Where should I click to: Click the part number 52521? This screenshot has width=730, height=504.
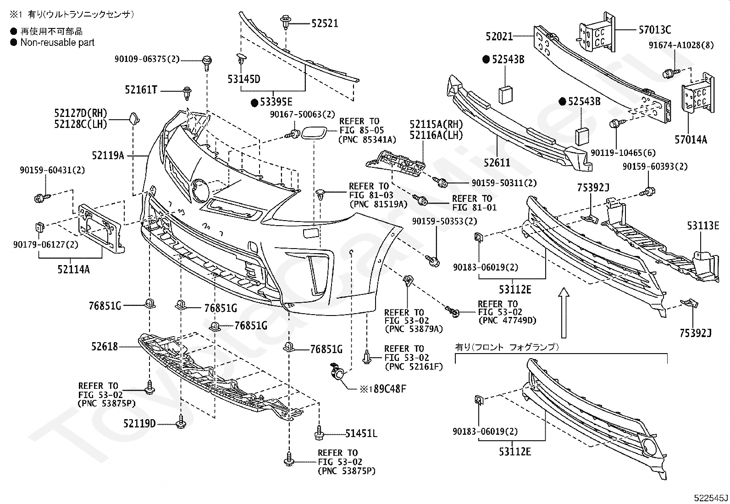[325, 23]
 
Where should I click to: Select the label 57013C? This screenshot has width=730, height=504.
[655, 30]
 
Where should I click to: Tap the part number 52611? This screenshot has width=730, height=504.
[497, 162]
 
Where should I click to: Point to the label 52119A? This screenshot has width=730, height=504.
[108, 155]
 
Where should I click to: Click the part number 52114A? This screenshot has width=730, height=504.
[74, 269]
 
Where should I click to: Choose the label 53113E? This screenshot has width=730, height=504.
[703, 226]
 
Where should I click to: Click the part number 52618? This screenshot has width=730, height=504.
[104, 346]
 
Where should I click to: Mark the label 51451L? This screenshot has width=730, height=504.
[361, 433]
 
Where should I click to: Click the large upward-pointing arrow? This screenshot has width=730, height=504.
[564, 312]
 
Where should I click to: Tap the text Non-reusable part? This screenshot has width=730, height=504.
[57, 42]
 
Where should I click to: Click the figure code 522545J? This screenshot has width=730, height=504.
[711, 498]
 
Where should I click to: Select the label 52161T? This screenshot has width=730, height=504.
[141, 89]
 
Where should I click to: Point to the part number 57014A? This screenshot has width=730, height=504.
[691, 139]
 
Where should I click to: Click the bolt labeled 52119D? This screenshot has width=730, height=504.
[181, 421]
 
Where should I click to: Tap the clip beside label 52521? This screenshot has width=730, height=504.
[286, 21]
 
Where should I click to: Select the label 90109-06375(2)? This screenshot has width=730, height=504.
[147, 59]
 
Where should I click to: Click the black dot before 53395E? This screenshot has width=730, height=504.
[254, 103]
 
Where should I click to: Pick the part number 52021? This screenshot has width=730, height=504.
[499, 36]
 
